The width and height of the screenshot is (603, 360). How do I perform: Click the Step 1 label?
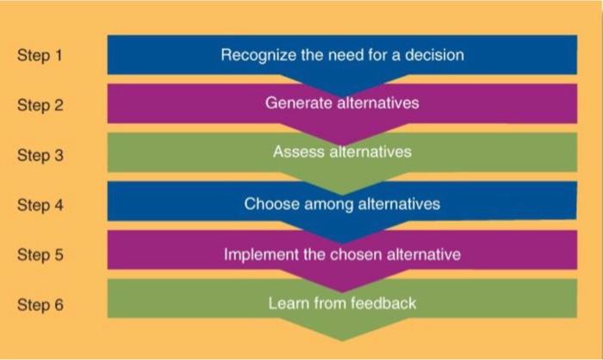40,56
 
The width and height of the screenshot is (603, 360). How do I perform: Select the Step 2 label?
40,106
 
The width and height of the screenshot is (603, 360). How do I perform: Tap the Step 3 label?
40,156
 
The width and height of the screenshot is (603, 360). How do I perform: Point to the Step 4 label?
40,206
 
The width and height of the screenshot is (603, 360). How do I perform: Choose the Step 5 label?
40,255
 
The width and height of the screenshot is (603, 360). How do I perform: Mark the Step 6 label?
40,305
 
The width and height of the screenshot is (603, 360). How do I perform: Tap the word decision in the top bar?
437,56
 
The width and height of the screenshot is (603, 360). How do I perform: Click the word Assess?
298,153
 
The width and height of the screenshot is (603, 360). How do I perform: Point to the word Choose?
271,205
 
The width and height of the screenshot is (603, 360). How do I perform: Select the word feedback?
385,303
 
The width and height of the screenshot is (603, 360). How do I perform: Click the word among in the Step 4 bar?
326,205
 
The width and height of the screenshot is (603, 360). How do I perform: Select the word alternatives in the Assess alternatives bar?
370,153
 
